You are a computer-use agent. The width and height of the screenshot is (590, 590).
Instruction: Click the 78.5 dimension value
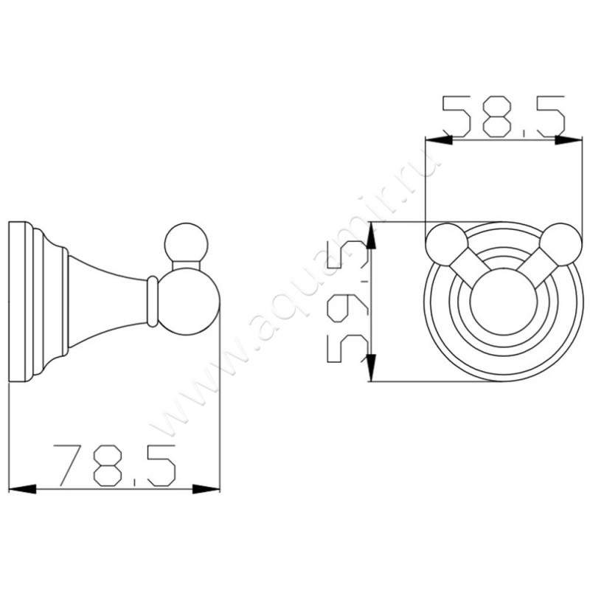click(x=115, y=465)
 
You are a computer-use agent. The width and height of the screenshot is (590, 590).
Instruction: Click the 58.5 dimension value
click(x=504, y=117)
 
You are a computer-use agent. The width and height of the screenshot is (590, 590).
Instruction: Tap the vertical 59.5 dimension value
click(x=347, y=301)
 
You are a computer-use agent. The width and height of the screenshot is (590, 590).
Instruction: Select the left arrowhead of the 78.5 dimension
click(x=22, y=489)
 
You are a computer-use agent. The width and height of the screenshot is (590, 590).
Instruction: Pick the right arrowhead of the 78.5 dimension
click(x=206, y=489)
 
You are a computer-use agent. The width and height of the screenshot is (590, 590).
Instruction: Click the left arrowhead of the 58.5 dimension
click(x=439, y=139)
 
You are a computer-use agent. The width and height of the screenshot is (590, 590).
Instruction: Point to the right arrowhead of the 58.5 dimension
click(x=569, y=139)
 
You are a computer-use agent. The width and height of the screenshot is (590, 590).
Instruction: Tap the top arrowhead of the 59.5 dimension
click(x=371, y=235)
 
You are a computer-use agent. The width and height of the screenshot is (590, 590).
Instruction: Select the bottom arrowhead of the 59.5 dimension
click(x=371, y=367)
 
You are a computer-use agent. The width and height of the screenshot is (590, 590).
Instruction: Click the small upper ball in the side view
click(x=187, y=244)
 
